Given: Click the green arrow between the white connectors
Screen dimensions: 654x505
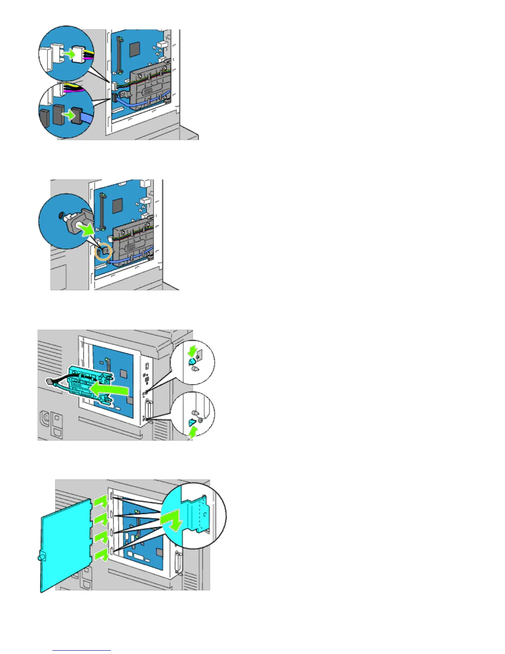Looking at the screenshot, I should [x=71, y=54].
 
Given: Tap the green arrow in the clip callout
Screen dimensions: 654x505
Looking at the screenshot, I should [x=88, y=229].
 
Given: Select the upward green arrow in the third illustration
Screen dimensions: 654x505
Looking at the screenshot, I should [x=193, y=432].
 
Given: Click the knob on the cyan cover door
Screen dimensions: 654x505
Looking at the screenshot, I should [x=40, y=557].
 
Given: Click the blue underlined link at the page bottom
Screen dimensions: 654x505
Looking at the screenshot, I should [x=82, y=651].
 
